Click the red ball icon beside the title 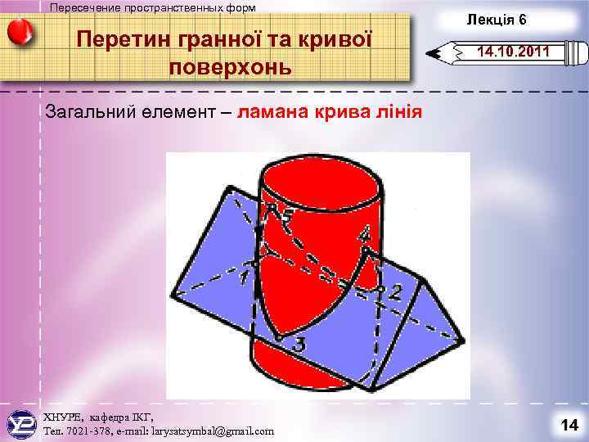[20, 33]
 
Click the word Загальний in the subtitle [90, 113]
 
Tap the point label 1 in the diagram [244, 279]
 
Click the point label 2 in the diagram [395, 292]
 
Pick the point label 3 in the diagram [299, 347]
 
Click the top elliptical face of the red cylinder [319, 176]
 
